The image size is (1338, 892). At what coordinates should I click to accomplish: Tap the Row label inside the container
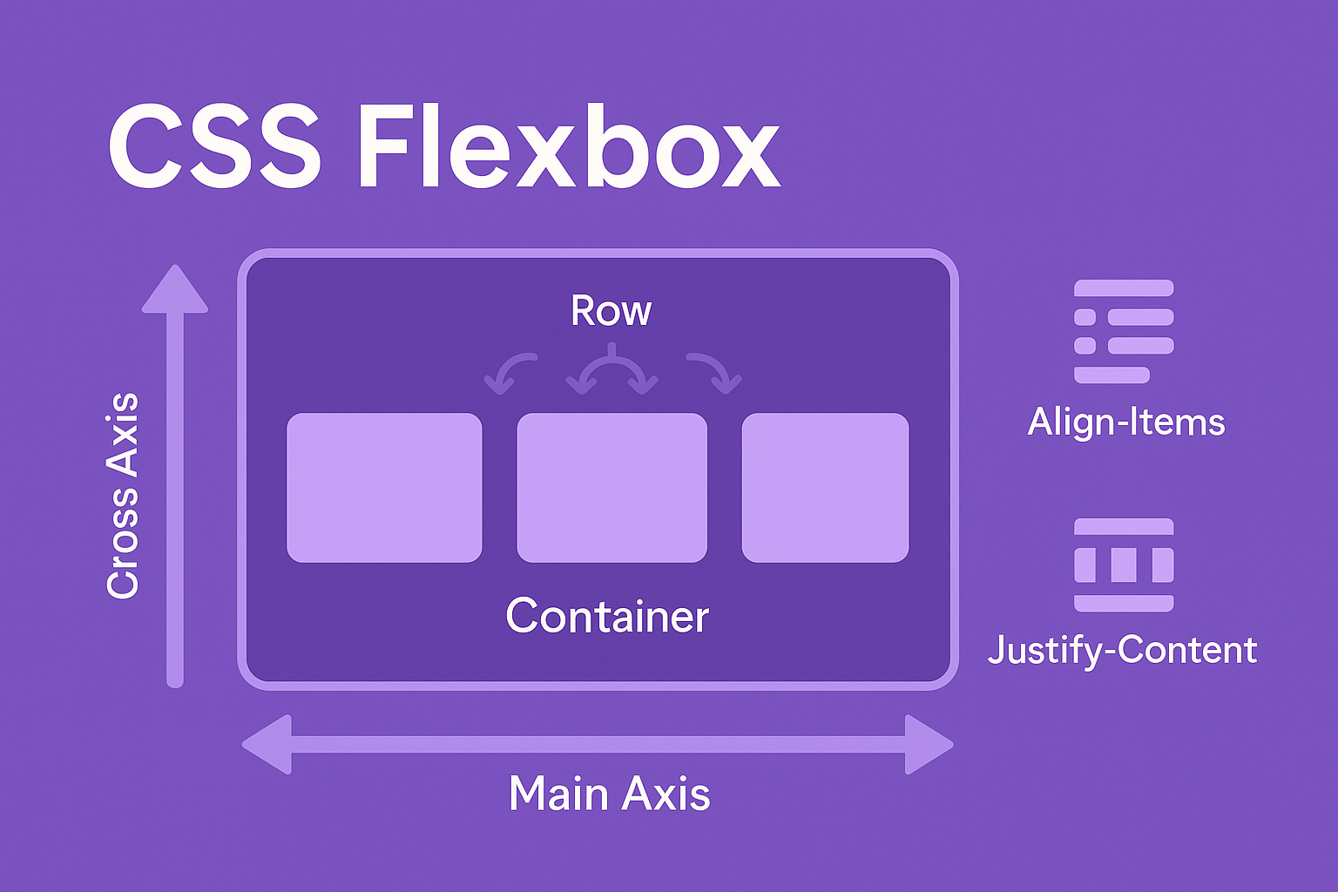(611, 311)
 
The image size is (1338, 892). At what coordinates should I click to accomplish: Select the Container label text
(607, 615)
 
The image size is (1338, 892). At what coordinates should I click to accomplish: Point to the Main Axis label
(610, 794)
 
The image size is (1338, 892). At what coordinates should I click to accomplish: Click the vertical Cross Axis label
(123, 496)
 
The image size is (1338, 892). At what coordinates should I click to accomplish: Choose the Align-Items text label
(1126, 422)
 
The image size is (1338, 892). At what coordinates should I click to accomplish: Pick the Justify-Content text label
(1122, 651)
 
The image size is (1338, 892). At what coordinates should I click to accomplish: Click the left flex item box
(384, 488)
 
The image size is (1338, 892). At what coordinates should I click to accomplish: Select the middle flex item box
(612, 488)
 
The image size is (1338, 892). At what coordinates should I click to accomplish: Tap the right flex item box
(825, 488)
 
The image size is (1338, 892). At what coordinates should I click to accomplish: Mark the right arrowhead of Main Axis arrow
(929, 745)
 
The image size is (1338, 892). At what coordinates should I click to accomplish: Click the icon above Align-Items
(1124, 331)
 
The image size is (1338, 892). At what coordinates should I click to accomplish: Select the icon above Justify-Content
(1124, 564)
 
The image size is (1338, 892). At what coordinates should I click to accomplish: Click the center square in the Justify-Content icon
(1124, 564)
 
